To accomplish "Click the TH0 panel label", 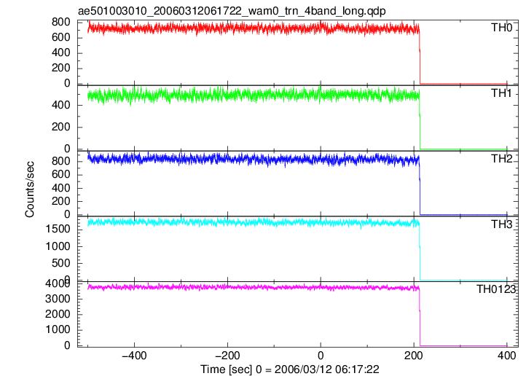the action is (x=501, y=28).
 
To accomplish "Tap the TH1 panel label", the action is (x=501, y=93).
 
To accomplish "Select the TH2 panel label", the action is (x=501, y=159).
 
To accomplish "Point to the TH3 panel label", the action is (x=501, y=224).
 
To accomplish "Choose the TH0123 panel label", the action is (x=496, y=289).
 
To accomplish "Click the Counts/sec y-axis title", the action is (x=30, y=189).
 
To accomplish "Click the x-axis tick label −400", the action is (x=134, y=356).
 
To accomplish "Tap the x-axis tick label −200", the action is (x=227, y=356).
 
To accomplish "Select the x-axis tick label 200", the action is (x=414, y=356).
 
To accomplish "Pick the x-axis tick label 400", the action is (x=507, y=356).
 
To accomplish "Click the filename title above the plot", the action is (x=232, y=11).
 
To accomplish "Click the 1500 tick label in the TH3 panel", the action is (x=58, y=229).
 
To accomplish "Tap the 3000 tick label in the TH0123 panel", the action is (x=58, y=299).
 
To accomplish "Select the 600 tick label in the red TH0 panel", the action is (x=61, y=37).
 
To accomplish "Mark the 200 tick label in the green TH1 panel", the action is (x=61, y=127).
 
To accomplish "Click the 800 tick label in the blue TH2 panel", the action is (x=61, y=161).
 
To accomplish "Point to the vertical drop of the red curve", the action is (x=420, y=57).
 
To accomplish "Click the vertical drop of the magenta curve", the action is (x=420, y=317).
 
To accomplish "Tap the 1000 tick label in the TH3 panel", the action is (x=58, y=246).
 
